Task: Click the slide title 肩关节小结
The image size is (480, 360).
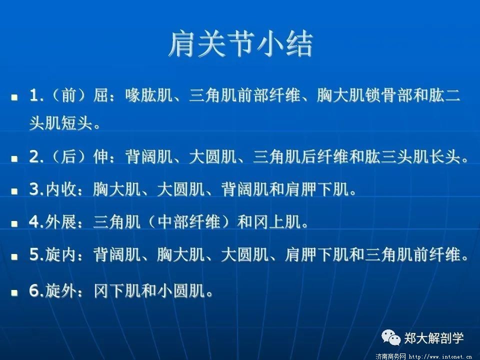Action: pyautogui.click(x=240, y=44)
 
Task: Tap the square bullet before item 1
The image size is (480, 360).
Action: pyautogui.click(x=14, y=97)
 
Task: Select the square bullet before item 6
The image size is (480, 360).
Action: pyautogui.click(x=14, y=292)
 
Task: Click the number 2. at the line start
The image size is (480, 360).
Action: pyautogui.click(x=36, y=157)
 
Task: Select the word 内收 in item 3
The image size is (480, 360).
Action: pyautogui.click(x=61, y=189)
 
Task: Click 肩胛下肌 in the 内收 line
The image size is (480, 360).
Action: pyautogui.click(x=316, y=189)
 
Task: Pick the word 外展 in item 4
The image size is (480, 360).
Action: pyautogui.click(x=61, y=221)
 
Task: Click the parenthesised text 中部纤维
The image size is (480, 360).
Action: pyautogui.click(x=189, y=221)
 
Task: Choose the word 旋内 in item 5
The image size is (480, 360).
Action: pyautogui.click(x=61, y=254)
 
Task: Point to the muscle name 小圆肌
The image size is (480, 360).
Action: pyautogui.click(x=181, y=291)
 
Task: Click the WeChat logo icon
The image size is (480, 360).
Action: pyautogui.click(x=391, y=337)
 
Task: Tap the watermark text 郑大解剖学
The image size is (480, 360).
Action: pyautogui.click(x=434, y=338)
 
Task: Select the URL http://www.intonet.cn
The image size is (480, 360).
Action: pyautogui.click(x=441, y=356)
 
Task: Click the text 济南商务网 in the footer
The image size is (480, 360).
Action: pyautogui.click(x=390, y=356)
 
